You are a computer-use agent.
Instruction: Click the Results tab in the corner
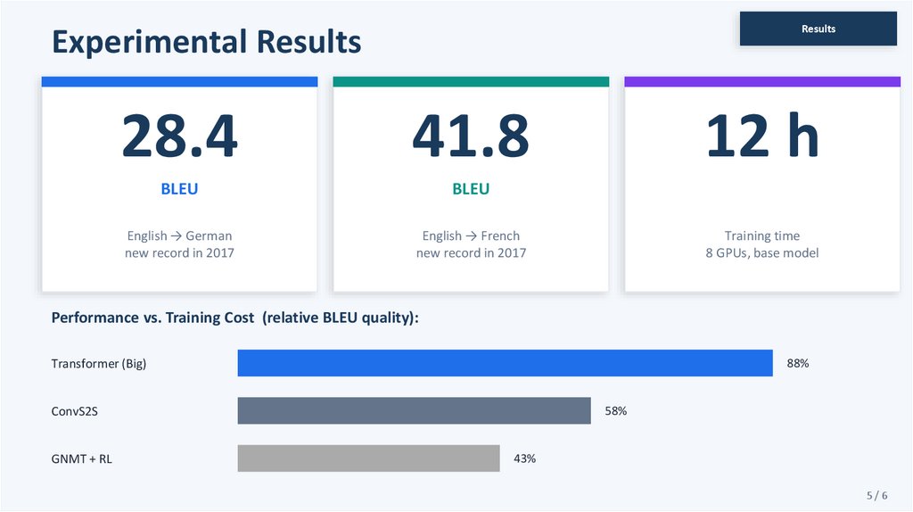[x=818, y=29]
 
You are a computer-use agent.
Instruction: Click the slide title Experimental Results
[x=206, y=42]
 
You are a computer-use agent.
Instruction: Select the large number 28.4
[x=179, y=136]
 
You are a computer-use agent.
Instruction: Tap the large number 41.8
[x=471, y=136]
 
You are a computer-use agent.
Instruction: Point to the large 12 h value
[x=761, y=136]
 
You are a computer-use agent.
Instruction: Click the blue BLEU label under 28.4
[x=179, y=189]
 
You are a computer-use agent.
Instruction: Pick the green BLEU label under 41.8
[x=471, y=189]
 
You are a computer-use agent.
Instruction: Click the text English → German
[x=179, y=235]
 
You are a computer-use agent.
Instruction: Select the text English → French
[x=471, y=235]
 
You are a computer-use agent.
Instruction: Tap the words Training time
[x=761, y=235]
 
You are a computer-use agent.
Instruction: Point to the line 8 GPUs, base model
[x=761, y=253]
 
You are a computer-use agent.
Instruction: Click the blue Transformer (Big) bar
[x=505, y=363]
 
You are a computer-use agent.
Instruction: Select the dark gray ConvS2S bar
[x=414, y=411]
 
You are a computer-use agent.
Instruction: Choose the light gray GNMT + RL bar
[x=368, y=458]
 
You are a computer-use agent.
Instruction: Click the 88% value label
[x=797, y=363]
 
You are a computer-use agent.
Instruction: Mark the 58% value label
[x=615, y=411]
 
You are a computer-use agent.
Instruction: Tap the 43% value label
[x=524, y=458]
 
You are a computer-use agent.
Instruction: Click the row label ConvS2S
[x=80, y=411]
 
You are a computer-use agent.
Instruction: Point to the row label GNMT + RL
[x=82, y=458]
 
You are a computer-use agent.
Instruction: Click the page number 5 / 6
[x=876, y=495]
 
